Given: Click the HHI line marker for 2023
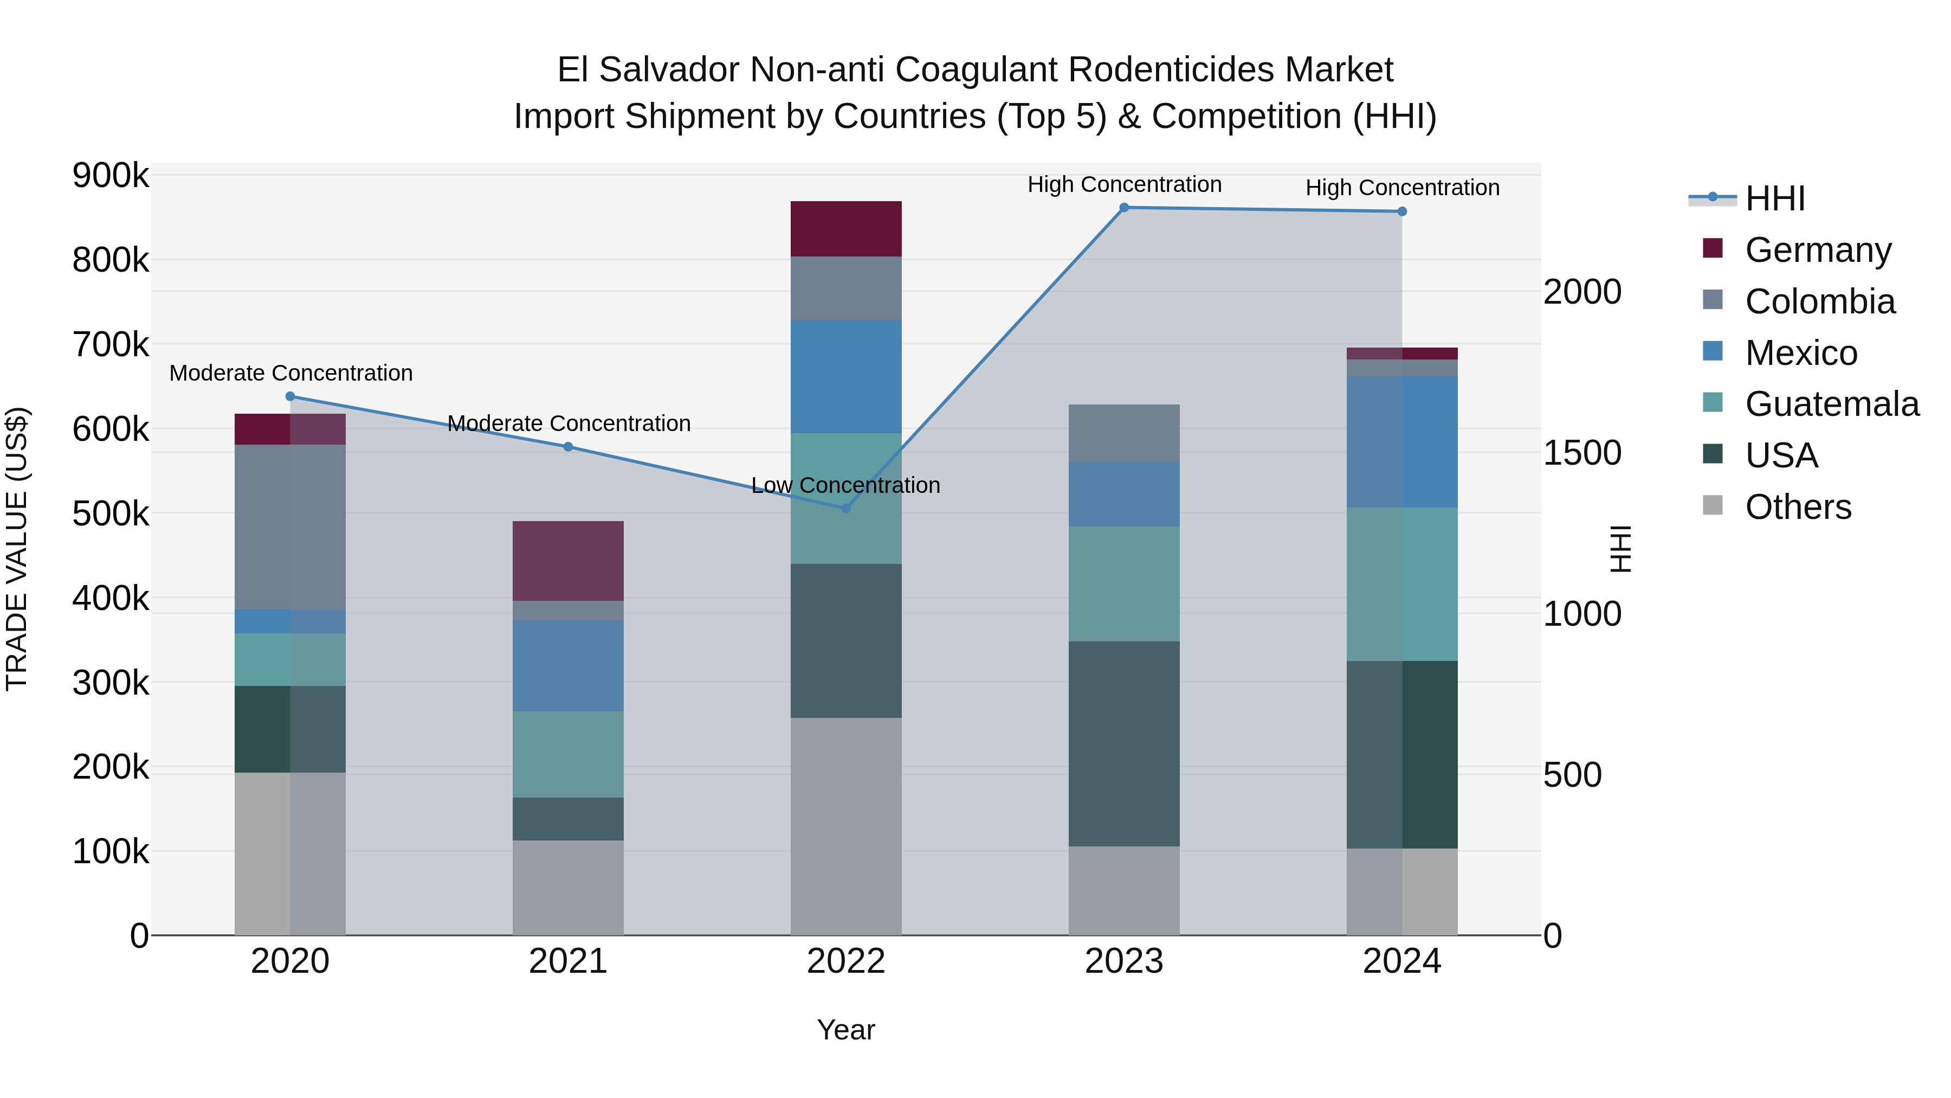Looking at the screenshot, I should click(1124, 208).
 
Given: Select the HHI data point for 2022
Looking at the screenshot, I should click(846, 508).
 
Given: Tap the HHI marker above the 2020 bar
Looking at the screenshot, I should click(290, 396).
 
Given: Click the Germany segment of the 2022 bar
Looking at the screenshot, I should click(846, 229).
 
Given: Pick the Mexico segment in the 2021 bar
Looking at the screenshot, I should click(568, 665).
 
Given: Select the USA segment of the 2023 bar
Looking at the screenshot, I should click(1124, 743).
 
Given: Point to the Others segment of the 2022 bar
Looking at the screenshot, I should click(846, 826).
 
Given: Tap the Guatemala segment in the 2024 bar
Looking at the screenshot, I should click(1402, 583).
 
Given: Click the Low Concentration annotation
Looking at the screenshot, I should click(846, 485).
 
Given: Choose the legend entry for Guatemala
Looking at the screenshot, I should click(1831, 404).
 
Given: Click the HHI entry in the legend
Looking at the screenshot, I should click(1774, 198).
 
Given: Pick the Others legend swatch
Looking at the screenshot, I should click(1713, 505).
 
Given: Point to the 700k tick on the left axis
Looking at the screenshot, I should click(111, 345).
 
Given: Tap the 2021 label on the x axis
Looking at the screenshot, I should click(568, 961).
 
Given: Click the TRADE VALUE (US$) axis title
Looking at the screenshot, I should click(17, 549).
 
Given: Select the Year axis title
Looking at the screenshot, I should click(846, 1030).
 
